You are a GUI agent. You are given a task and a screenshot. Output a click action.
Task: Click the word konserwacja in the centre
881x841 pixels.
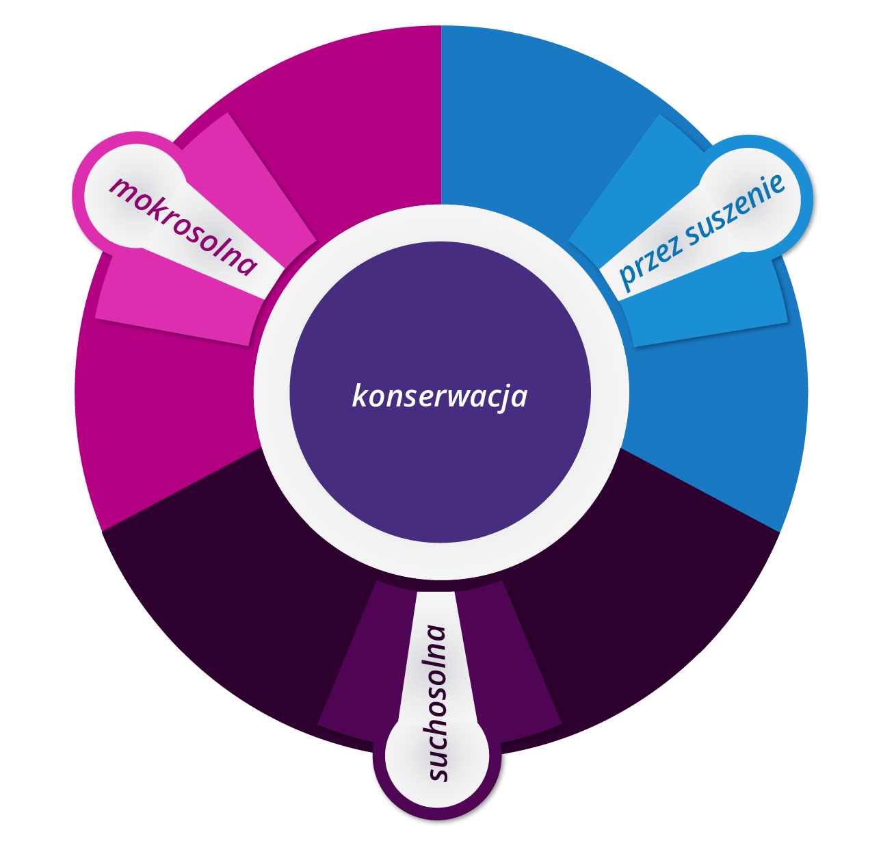pyautogui.click(x=439, y=396)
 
